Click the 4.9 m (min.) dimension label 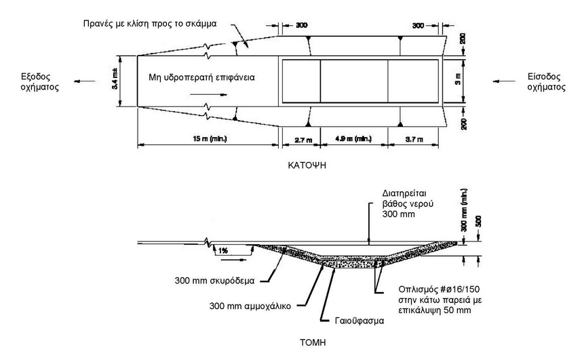tap(354, 139)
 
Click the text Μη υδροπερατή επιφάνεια tap(201, 78)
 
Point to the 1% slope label tap(222, 250)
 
